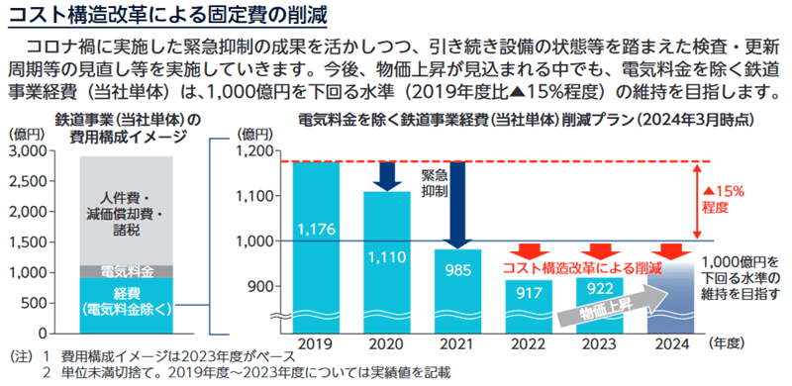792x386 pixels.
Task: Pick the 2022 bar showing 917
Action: (527, 293)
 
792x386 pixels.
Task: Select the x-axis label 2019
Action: (316, 342)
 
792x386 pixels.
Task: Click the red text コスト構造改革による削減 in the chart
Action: (581, 268)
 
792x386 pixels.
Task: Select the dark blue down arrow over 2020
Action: (386, 175)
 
